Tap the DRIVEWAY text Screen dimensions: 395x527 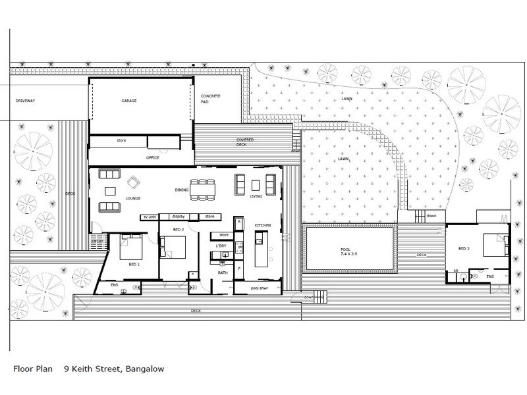coord(26,101)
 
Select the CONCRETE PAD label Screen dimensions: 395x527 coord(211,100)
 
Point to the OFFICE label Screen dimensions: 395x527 coord(152,158)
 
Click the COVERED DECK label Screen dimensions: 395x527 coord(246,144)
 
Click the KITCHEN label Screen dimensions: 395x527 coord(263,226)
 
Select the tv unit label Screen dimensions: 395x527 coord(148,217)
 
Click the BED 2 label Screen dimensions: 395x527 coord(178,229)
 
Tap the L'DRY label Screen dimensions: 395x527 coord(221,246)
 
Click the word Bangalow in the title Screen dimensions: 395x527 coord(142,370)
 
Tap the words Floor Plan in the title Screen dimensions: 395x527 coord(31,370)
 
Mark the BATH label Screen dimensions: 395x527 coord(222,272)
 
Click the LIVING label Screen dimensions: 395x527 coord(256,196)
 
